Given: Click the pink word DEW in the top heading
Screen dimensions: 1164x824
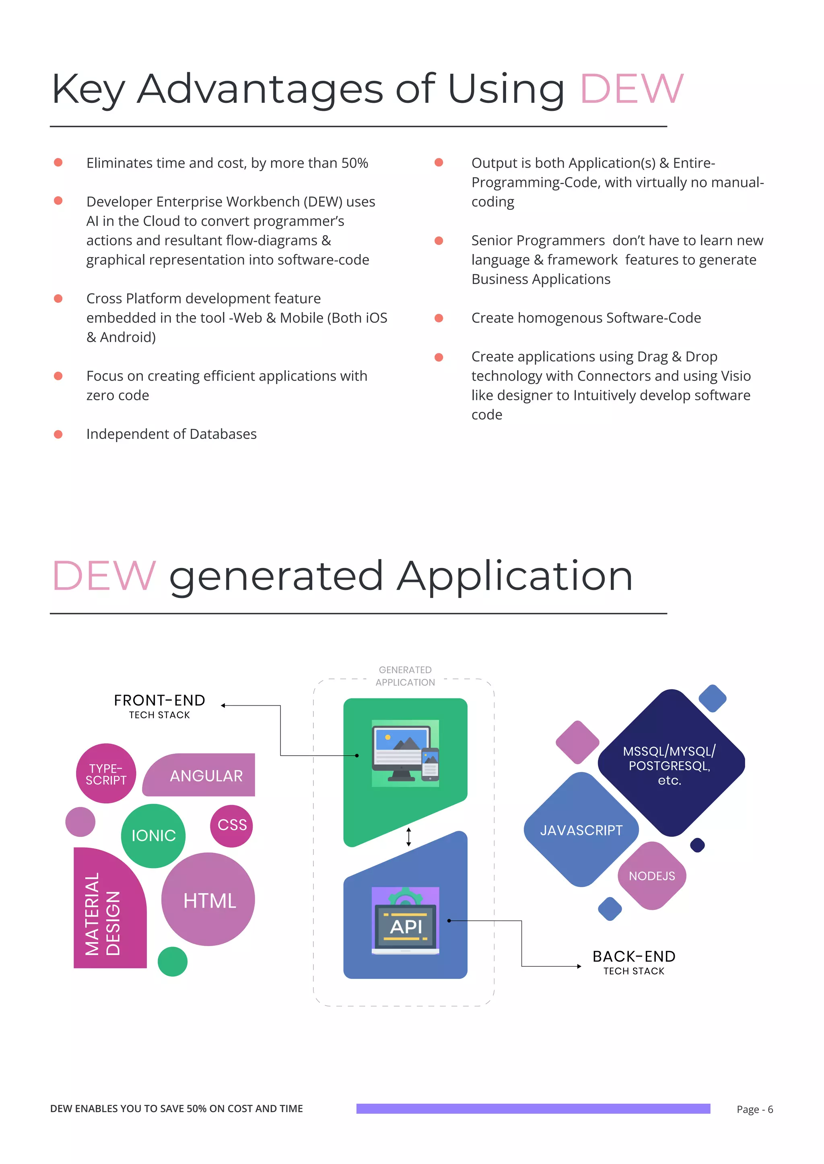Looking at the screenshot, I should (631, 89).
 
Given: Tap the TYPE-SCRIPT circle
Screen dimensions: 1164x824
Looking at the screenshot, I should (106, 774).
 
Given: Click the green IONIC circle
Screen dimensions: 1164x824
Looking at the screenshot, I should (153, 836).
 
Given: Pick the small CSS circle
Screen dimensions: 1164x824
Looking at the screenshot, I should (231, 825).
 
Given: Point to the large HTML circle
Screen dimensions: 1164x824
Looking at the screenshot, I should (208, 900).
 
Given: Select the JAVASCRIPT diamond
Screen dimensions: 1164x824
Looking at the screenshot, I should (581, 830).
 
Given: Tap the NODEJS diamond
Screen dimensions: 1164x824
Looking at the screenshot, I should (651, 875).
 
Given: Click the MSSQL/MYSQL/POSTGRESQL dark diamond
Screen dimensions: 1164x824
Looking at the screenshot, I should (670, 764).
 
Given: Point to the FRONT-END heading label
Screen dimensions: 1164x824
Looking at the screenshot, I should (159, 701).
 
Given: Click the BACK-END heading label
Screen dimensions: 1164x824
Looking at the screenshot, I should (634, 957).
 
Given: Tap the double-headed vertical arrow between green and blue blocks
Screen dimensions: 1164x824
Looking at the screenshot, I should (408, 836).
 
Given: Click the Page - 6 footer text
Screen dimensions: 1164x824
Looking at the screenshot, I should (754, 1109).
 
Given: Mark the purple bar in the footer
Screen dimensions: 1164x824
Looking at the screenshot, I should (533, 1108).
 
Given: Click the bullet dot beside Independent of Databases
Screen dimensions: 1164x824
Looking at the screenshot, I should (58, 434).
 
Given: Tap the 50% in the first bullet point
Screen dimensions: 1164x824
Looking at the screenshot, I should (354, 163).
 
